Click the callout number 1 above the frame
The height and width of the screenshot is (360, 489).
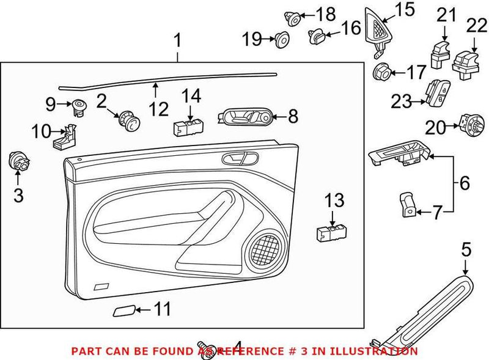pos(177,42)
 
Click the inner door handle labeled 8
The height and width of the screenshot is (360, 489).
pos(244,116)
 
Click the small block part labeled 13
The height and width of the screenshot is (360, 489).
pos(331,232)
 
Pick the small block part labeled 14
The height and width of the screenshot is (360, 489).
pos(188,127)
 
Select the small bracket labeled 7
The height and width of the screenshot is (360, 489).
pos(408,204)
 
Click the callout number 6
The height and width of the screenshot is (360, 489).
pos(465,182)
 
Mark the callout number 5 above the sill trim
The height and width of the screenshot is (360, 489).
pos(466,249)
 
